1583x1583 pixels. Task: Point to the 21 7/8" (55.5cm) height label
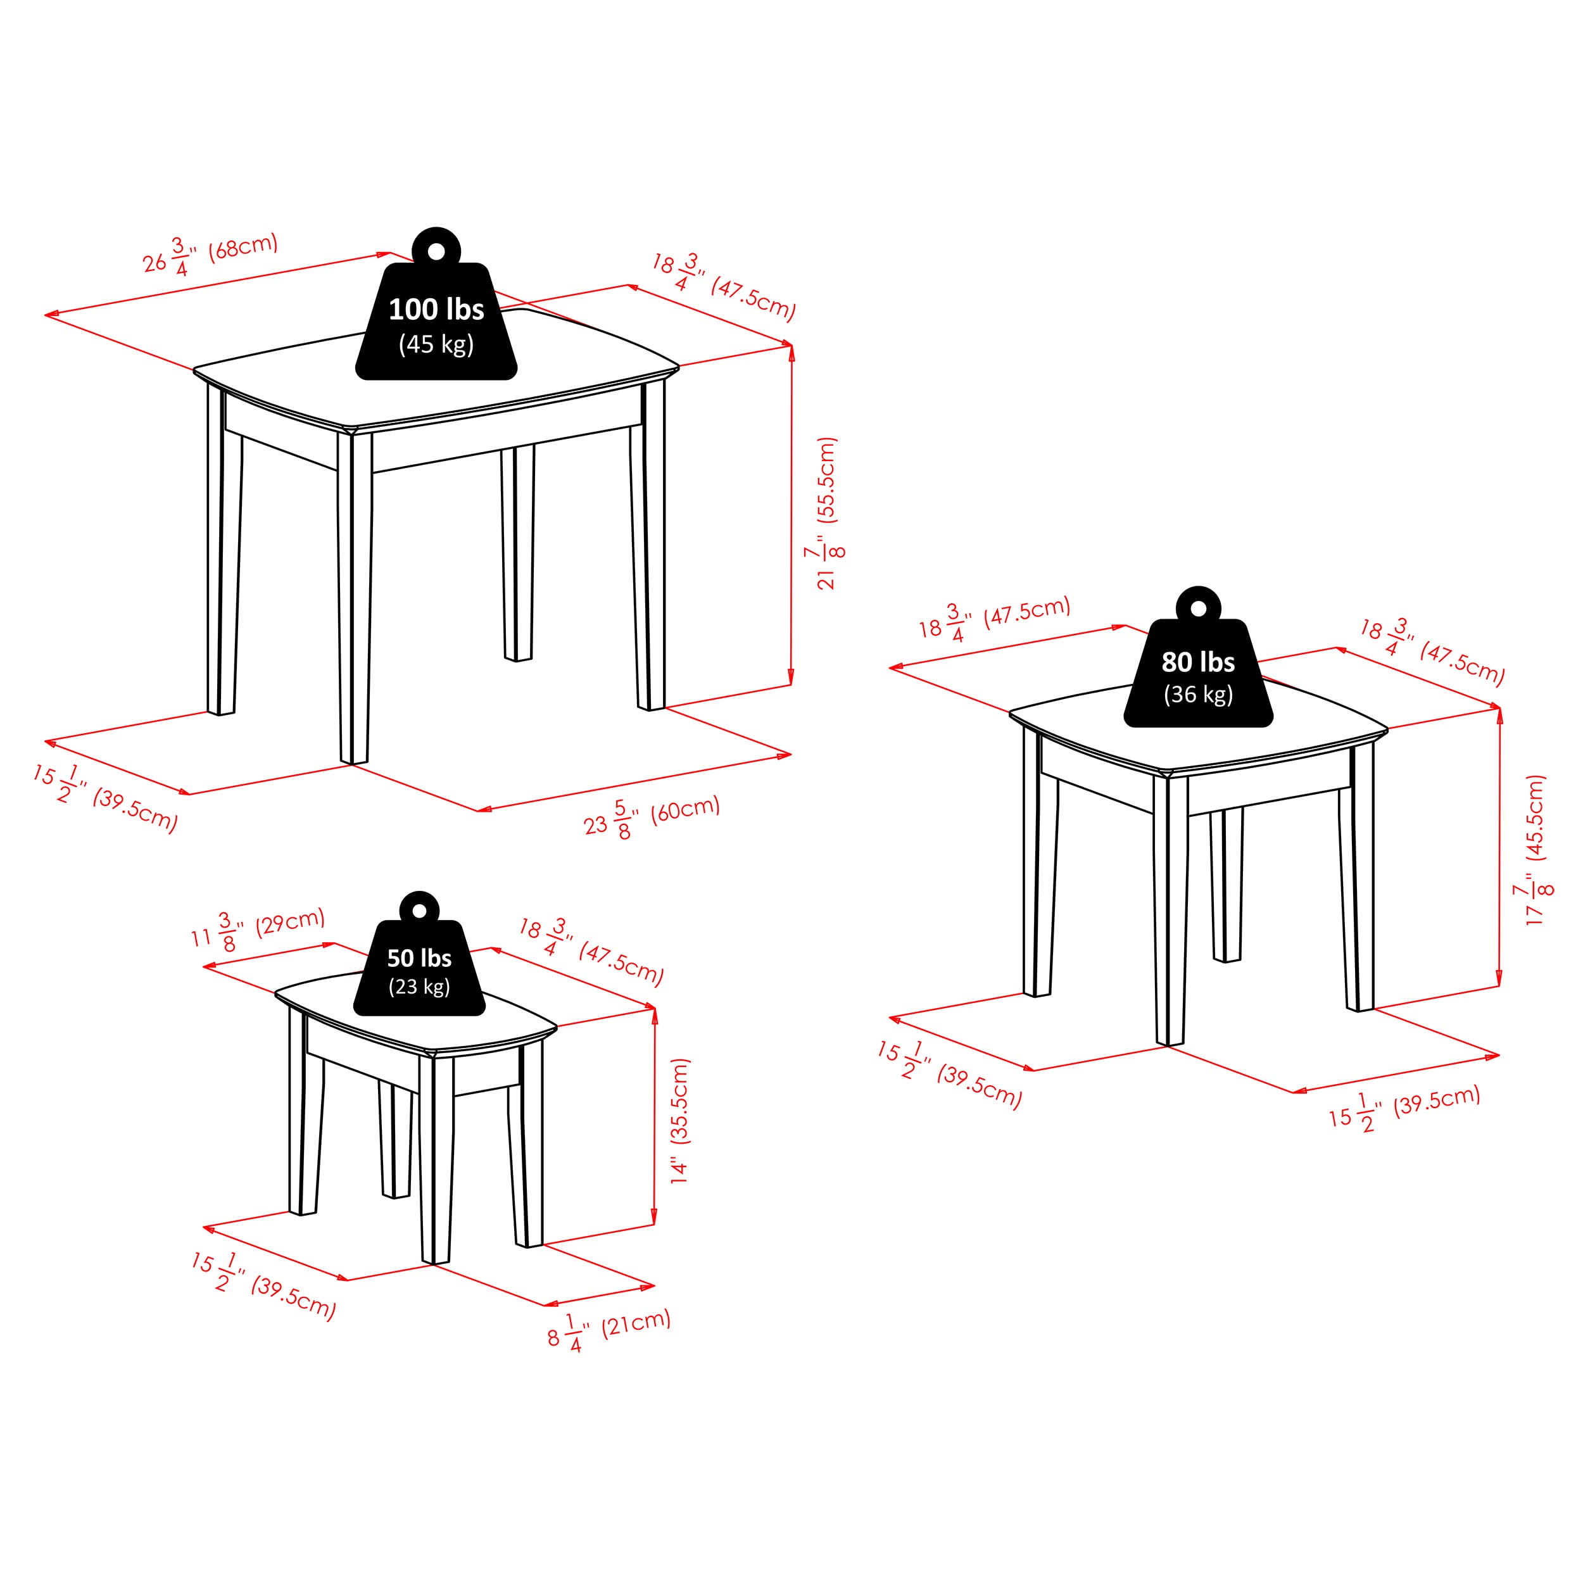[826, 513]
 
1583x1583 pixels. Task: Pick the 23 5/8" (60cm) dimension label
[652, 817]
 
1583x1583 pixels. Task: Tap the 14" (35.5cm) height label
[680, 1120]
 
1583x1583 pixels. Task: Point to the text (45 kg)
[436, 344]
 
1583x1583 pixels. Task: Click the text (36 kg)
[1198, 694]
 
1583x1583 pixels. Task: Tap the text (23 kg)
[420, 986]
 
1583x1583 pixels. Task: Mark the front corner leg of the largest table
[354, 598]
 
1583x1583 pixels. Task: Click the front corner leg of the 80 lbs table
[1170, 909]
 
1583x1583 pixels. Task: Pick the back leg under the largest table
[518, 553]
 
